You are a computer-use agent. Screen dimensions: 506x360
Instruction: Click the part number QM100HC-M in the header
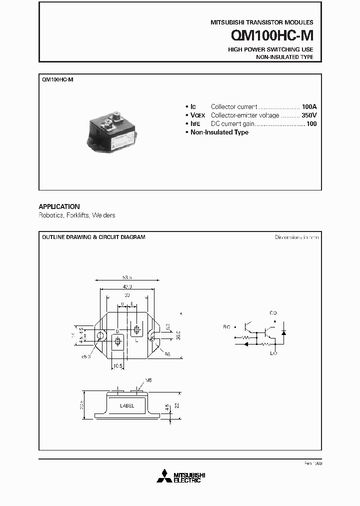[x=272, y=35]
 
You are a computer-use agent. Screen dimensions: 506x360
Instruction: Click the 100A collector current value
[x=309, y=107]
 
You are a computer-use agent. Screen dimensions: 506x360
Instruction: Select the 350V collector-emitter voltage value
[x=309, y=115]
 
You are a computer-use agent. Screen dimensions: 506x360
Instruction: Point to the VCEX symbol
[x=198, y=115]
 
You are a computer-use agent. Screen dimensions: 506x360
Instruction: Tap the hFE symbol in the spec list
[x=195, y=124]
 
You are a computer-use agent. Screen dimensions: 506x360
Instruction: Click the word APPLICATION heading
[x=59, y=206]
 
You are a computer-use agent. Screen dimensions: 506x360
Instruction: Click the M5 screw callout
[x=148, y=381]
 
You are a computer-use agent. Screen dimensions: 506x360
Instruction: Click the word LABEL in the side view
[x=127, y=406]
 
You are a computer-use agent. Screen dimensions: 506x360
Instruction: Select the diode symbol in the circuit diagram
[x=284, y=332]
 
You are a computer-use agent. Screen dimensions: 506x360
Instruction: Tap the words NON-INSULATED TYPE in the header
[x=284, y=57]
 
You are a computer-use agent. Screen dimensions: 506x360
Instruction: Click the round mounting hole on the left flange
[x=100, y=335]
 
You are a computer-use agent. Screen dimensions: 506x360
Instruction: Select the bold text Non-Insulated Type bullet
[x=219, y=132]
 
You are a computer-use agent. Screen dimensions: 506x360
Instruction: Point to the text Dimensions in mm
[x=296, y=237]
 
